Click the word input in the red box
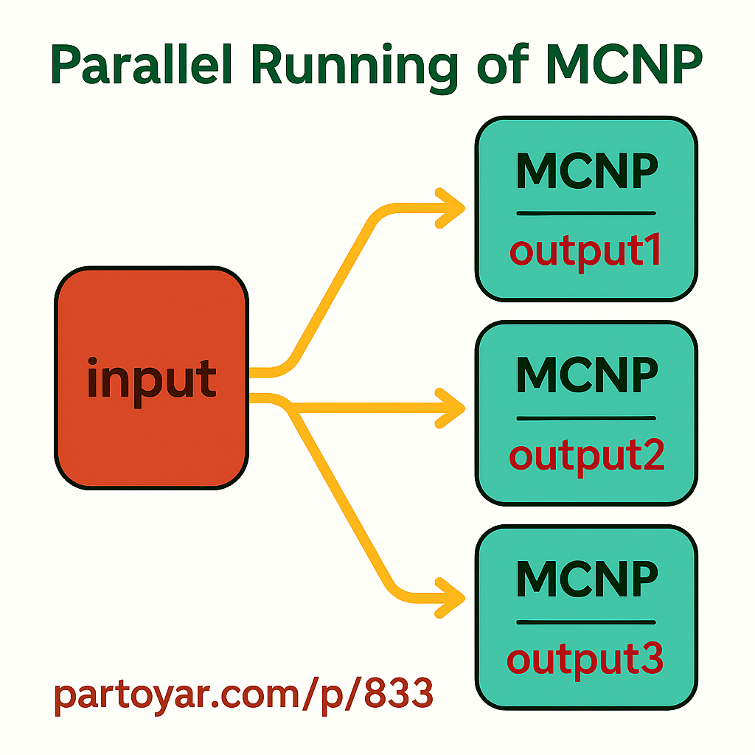click(x=151, y=379)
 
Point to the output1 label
click(x=585, y=252)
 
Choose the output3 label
click(x=585, y=659)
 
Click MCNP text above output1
click(x=586, y=173)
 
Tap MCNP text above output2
click(x=586, y=375)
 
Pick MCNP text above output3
click(x=586, y=580)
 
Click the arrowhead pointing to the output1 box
click(x=451, y=208)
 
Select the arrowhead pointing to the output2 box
click(x=451, y=406)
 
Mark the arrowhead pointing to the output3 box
click(x=451, y=594)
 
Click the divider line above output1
click(x=586, y=214)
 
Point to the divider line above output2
click(x=586, y=418)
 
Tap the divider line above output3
click(x=586, y=622)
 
